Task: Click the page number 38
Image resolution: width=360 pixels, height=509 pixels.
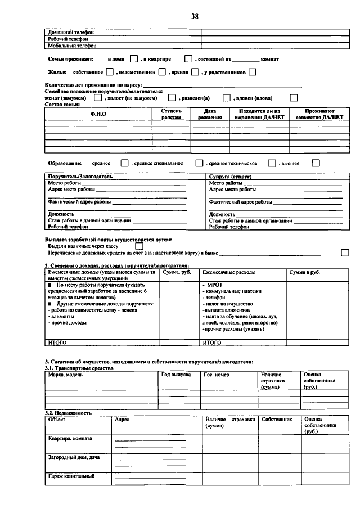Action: pyautogui.click(x=195, y=16)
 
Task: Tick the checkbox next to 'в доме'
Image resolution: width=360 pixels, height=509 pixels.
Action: pyautogui.click(x=134, y=58)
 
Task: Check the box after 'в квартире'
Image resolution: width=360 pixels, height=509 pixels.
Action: pyautogui.click(x=188, y=58)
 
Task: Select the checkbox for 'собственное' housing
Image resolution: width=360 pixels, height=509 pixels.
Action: pyautogui.click(x=110, y=72)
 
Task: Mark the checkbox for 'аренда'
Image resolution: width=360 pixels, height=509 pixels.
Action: pyautogui.click(x=195, y=72)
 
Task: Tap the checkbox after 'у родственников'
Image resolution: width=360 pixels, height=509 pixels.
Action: pyautogui.click(x=253, y=72)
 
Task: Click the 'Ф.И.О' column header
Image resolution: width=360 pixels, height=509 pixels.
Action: pyautogui.click(x=98, y=115)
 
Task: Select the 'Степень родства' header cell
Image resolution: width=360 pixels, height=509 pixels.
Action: pyautogui.click(x=171, y=114)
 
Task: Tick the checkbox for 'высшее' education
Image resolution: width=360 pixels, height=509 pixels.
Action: pyautogui.click(x=315, y=163)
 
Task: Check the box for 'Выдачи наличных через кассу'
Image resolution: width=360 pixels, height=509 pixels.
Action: pyautogui.click(x=139, y=246)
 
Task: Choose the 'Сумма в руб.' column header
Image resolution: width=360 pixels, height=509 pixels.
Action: pyautogui.click(x=304, y=272)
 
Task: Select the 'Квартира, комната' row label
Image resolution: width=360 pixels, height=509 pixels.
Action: pyautogui.click(x=70, y=438)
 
